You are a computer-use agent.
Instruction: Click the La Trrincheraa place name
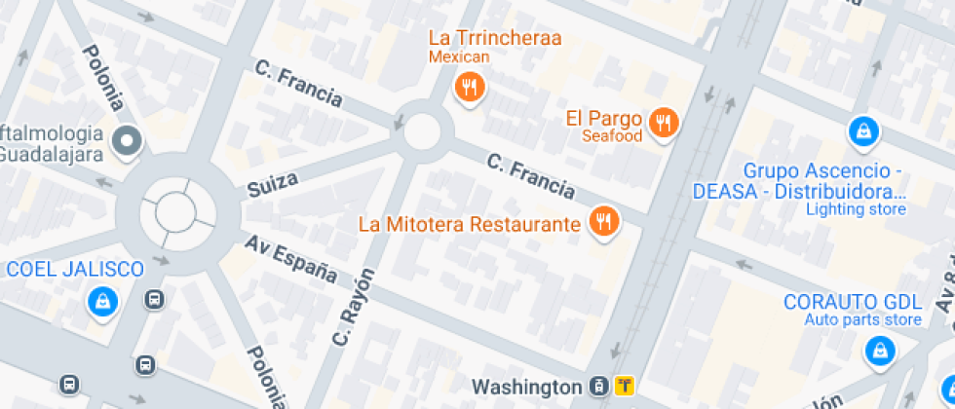(495, 38)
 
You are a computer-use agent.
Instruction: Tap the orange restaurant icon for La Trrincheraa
(470, 88)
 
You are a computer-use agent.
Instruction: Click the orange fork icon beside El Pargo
(665, 122)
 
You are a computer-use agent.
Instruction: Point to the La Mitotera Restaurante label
(470, 224)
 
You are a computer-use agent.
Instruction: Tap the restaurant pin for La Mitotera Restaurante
(604, 222)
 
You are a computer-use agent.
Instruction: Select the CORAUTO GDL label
(853, 301)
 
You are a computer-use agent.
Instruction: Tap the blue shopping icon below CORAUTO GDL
(880, 350)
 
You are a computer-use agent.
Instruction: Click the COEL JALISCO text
(76, 270)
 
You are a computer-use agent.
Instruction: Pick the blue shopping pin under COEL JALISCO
(101, 303)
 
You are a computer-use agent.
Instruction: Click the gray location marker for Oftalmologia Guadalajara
(127, 143)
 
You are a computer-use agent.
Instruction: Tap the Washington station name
(527, 387)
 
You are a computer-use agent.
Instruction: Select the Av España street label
(290, 259)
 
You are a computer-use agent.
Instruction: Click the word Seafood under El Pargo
(612, 136)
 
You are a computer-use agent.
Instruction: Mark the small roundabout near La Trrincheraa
(423, 131)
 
